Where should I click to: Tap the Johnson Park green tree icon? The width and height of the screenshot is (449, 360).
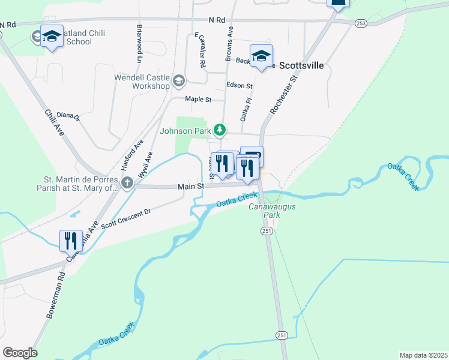point(220,130)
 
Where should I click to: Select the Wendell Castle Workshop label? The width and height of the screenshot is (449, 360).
point(142,82)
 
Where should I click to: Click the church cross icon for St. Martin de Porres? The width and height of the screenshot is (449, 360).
point(127,182)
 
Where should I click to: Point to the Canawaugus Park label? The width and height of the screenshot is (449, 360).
point(265,211)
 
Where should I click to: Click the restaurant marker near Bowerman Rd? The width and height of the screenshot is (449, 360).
point(71,241)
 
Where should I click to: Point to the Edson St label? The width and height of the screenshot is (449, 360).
point(240,86)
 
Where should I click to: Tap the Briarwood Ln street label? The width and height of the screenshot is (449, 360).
point(139,43)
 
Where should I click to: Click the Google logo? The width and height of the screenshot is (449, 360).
point(20,353)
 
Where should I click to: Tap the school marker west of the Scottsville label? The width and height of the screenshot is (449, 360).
point(261,56)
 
